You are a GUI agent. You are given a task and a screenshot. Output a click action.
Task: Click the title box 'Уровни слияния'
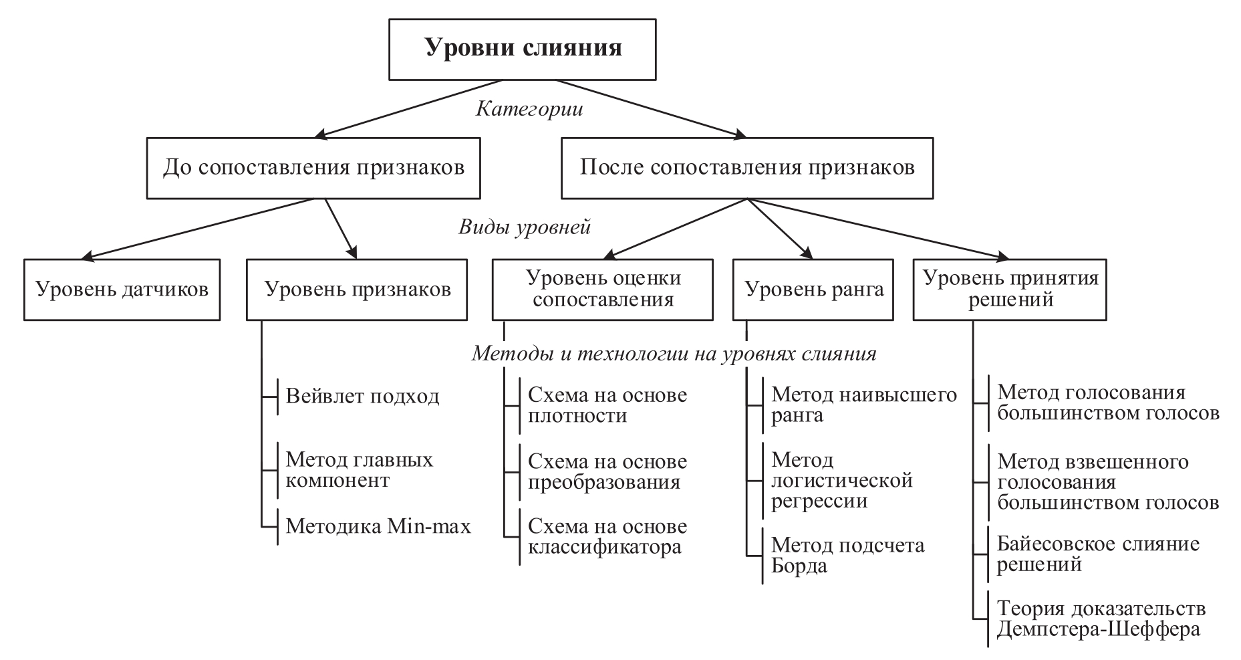(522, 49)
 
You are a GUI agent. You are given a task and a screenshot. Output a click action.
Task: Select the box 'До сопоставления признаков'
(313, 168)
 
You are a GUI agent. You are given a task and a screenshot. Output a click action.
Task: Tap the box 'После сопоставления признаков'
(746, 168)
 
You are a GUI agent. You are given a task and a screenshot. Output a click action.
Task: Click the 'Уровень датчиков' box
(122, 290)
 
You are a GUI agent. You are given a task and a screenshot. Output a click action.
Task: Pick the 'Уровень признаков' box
(357, 290)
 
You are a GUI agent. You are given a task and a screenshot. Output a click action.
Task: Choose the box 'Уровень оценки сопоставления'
(603, 289)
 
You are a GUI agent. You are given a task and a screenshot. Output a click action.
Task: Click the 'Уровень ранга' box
(813, 290)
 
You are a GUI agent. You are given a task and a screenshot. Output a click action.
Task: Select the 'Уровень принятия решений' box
(1010, 289)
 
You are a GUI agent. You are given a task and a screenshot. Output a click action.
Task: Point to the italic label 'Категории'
(529, 109)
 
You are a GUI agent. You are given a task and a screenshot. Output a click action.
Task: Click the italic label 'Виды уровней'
(525, 227)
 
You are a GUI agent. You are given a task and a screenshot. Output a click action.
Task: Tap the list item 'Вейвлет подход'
(362, 397)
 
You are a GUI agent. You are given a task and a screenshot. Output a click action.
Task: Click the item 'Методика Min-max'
(378, 526)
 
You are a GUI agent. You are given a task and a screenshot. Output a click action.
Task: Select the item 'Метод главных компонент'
(360, 470)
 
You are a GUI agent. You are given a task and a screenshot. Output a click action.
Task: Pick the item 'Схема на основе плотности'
(607, 405)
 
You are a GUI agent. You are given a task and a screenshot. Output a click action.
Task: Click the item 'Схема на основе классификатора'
(607, 537)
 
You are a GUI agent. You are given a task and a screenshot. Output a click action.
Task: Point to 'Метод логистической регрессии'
(841, 480)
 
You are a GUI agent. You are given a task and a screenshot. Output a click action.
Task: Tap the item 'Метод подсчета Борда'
(847, 556)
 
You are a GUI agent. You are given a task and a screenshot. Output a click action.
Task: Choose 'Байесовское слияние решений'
(1098, 554)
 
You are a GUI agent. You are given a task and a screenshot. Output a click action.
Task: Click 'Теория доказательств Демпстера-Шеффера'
(1101, 619)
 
